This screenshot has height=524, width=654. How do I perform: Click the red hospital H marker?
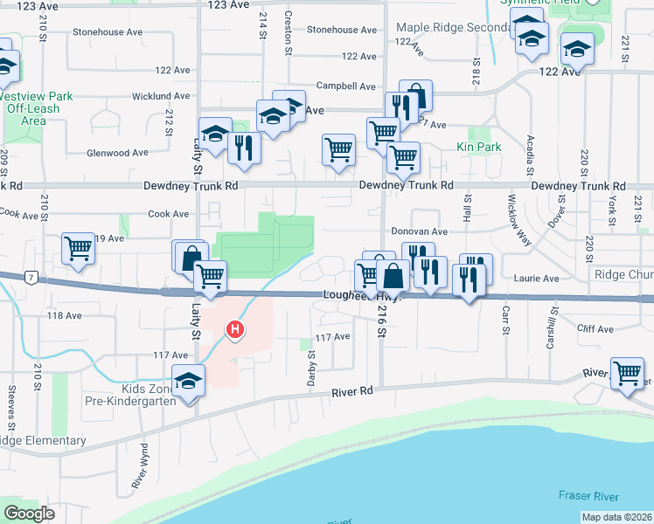click(x=234, y=329)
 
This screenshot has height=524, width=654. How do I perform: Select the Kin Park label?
click(x=478, y=148)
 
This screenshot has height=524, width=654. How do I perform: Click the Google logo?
click(x=29, y=514)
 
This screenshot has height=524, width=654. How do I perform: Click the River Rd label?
click(x=351, y=392)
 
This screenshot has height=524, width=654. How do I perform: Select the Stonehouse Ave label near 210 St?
click(x=108, y=32)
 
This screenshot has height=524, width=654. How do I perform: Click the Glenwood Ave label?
click(x=116, y=153)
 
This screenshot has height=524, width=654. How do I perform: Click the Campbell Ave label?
click(x=345, y=86)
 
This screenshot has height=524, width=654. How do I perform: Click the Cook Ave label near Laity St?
click(x=169, y=214)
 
